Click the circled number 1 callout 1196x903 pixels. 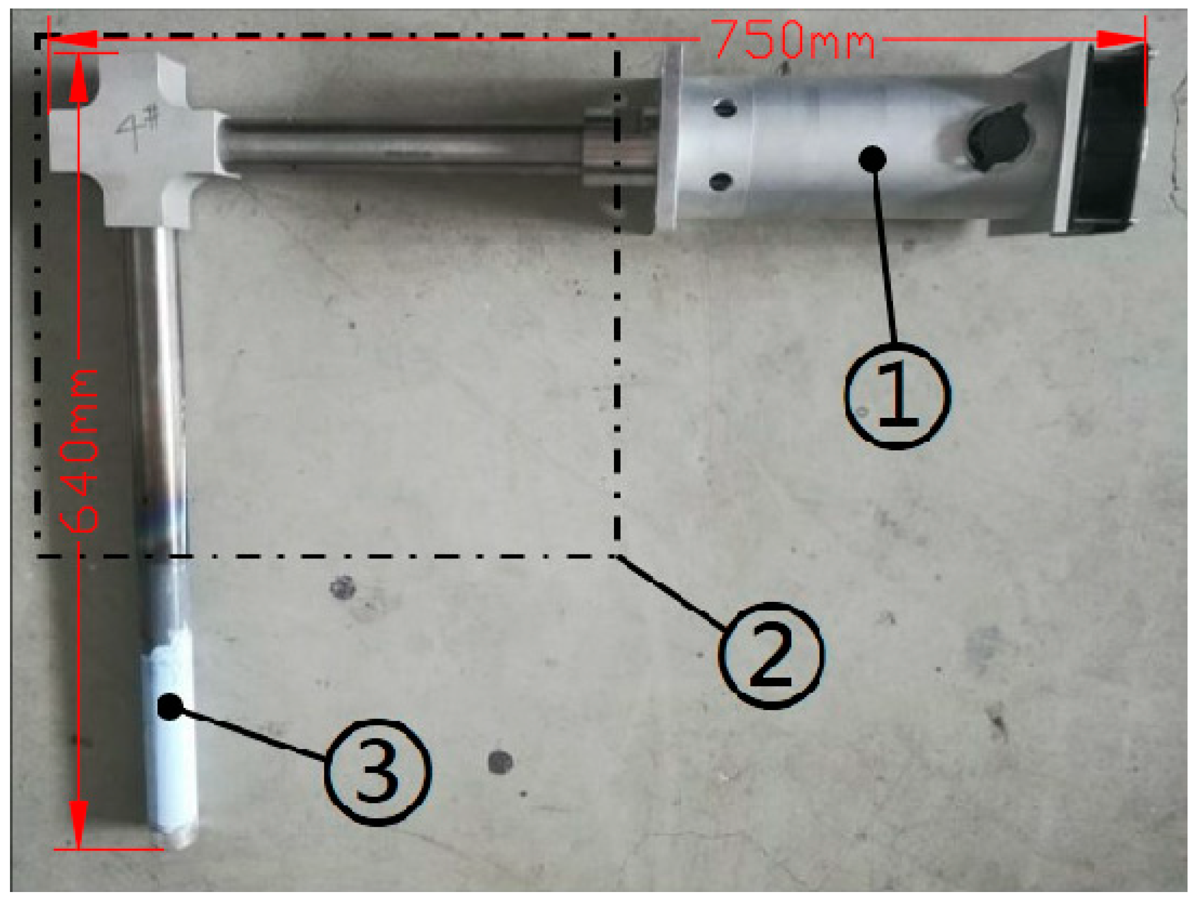[x=897, y=395]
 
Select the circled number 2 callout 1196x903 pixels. [x=771, y=655]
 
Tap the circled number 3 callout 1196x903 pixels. [x=378, y=772]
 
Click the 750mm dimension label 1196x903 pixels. [x=793, y=39]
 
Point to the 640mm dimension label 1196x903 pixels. [x=79, y=450]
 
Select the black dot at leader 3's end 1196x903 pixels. [x=170, y=707]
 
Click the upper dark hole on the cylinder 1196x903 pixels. [x=725, y=108]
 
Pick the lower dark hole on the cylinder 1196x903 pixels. [x=720, y=182]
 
